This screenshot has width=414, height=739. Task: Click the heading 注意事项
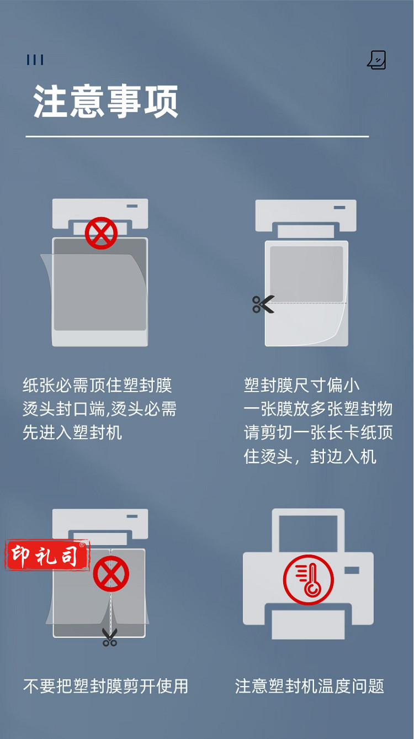(106, 101)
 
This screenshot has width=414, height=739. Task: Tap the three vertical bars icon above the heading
(35, 60)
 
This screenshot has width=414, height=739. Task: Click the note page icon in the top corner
(377, 60)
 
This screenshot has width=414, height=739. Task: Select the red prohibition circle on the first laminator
(101, 233)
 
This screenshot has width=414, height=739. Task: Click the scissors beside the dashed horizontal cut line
(263, 304)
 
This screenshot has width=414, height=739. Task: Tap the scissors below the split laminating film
(110, 637)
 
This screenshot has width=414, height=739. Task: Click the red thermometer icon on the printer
(308, 579)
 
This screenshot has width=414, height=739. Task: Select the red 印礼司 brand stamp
(47, 555)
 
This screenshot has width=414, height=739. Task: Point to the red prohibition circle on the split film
(111, 574)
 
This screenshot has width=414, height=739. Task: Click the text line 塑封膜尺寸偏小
(301, 386)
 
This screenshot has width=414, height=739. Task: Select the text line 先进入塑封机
(72, 432)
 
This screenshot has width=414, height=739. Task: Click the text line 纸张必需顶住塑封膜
(97, 386)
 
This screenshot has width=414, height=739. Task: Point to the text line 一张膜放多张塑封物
(318, 409)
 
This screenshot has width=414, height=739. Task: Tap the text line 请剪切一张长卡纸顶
(319, 432)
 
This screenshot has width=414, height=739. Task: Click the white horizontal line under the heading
(197, 136)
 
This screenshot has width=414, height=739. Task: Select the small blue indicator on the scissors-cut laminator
(339, 208)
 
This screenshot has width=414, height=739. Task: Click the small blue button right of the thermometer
(352, 570)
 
